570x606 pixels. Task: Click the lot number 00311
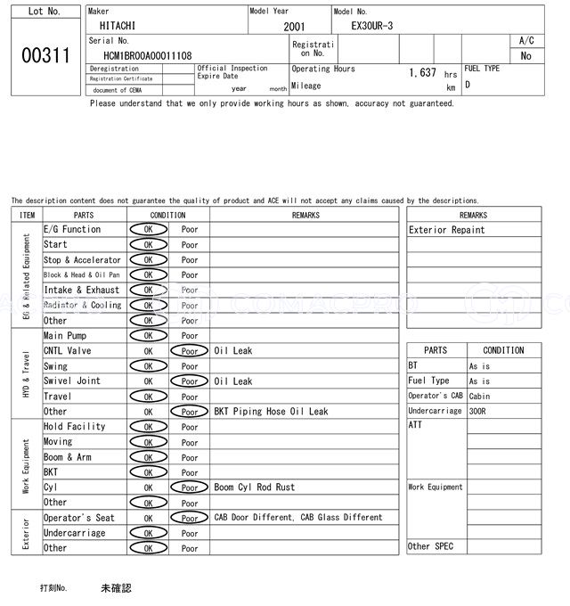[45, 55]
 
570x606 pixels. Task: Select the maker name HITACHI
[118, 28]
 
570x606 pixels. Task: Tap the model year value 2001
[294, 28]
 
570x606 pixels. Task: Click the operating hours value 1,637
[422, 73]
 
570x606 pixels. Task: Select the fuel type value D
[468, 85]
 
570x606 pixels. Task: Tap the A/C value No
[525, 55]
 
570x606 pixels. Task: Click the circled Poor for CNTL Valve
[190, 351]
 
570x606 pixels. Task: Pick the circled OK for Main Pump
[148, 336]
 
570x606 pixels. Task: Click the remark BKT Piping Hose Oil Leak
[271, 412]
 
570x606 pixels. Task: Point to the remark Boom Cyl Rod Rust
[255, 487]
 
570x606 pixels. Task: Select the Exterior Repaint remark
[447, 230]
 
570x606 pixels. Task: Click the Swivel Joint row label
[72, 381]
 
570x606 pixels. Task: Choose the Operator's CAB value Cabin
[479, 396]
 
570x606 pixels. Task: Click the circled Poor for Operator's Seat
[190, 518]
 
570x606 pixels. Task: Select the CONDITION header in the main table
[167, 215]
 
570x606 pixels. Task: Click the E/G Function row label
[72, 230]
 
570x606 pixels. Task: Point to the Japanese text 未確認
[116, 588]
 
